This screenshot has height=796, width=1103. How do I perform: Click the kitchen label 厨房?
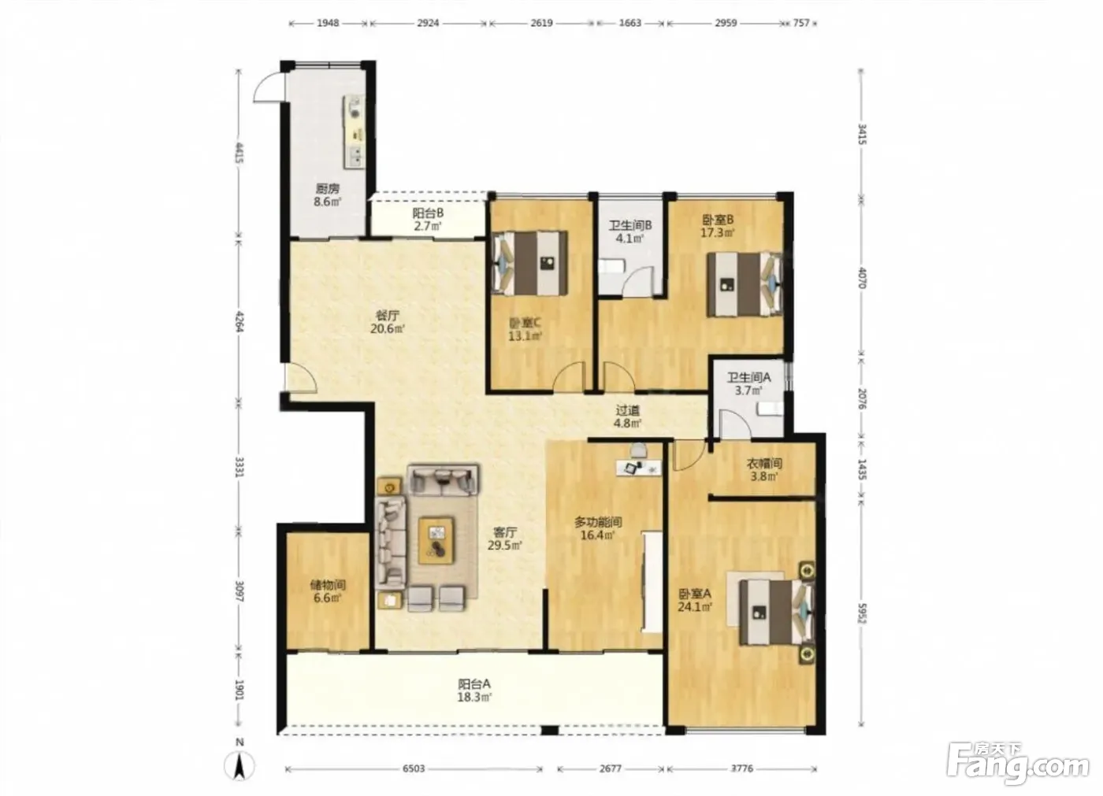tap(328, 188)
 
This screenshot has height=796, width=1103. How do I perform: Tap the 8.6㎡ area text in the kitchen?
tap(328, 202)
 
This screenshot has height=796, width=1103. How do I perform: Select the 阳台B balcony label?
tap(428, 213)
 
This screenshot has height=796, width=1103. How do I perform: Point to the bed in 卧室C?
tap(530, 264)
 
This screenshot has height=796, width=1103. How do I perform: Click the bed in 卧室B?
tap(745, 284)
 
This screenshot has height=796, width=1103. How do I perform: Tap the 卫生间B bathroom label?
tap(630, 226)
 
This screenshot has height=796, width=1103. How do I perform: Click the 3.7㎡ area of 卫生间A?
tap(748, 391)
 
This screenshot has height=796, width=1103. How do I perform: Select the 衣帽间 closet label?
tap(764, 464)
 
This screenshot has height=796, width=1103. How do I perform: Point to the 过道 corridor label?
tap(628, 409)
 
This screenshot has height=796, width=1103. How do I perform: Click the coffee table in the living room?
tap(436, 540)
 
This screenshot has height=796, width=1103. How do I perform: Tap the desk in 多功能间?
tap(639, 468)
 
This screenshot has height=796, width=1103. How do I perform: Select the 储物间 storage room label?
tap(328, 585)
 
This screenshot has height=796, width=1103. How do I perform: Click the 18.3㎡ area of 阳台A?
tap(474, 697)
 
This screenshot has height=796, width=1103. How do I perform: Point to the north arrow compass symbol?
tap(240, 765)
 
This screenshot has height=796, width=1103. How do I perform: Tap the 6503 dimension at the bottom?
tap(414, 768)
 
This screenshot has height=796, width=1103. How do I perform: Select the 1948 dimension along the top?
tap(328, 23)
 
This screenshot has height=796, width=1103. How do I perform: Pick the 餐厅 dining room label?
tap(388, 316)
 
